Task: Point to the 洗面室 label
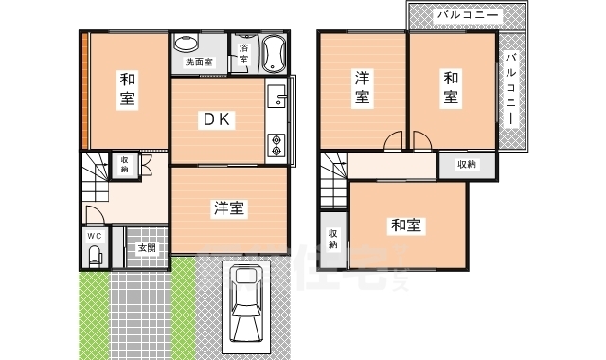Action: click(198, 63)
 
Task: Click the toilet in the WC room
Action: click(95, 254)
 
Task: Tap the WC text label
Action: click(95, 235)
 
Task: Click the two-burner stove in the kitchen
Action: click(276, 145)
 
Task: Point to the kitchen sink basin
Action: click(276, 98)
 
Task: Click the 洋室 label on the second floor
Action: click(363, 86)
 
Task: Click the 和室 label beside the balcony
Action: click(451, 85)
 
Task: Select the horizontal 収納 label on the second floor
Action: click(467, 165)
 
